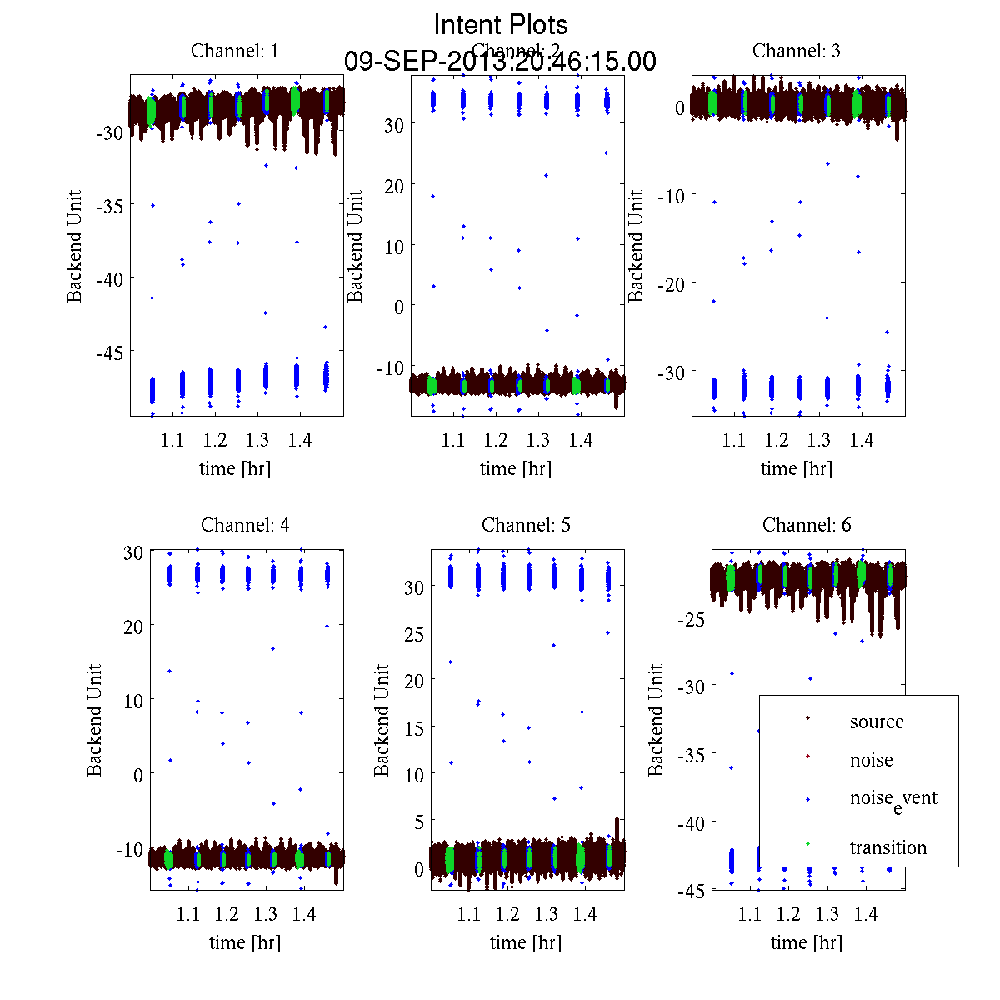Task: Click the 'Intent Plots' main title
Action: (501, 24)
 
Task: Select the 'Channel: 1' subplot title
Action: (235, 51)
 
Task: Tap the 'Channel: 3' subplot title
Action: (796, 51)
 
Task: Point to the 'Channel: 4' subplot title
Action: (245, 525)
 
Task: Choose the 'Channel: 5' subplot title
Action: (526, 525)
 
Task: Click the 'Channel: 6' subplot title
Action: (807, 525)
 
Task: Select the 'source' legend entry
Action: (876, 722)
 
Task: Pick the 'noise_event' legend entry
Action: (893, 799)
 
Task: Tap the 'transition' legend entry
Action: (887, 847)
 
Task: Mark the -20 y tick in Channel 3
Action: (671, 283)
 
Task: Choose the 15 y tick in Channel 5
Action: (414, 728)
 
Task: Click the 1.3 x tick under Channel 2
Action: (538, 440)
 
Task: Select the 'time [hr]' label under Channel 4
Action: (245, 942)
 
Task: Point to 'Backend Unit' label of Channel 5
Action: (382, 720)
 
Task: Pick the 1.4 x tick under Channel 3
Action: (862, 440)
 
